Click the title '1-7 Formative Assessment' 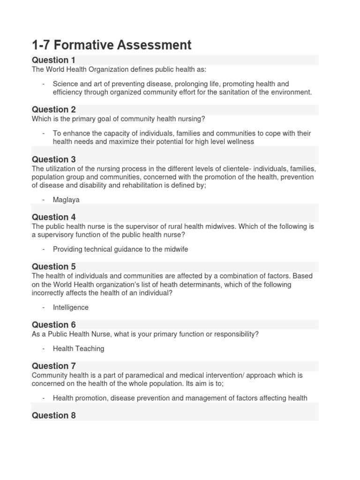[x=112, y=45]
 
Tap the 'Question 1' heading [x=53, y=60]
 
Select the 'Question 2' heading [x=53, y=110]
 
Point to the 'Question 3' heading [x=53, y=159]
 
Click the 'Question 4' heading [x=53, y=217]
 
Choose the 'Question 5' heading [x=53, y=267]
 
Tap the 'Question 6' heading [x=53, y=325]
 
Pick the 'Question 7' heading [x=53, y=366]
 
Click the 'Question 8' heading [x=53, y=415]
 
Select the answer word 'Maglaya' [x=66, y=200]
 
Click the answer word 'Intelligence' [x=70, y=307]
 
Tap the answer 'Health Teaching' [x=78, y=349]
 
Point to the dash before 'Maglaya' [x=43, y=200]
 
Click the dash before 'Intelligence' [x=43, y=307]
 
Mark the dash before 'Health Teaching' [x=43, y=349]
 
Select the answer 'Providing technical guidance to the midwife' [x=120, y=249]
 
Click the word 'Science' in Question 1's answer [x=66, y=84]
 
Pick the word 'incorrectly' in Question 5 [x=49, y=293]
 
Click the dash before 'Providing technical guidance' [x=43, y=249]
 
